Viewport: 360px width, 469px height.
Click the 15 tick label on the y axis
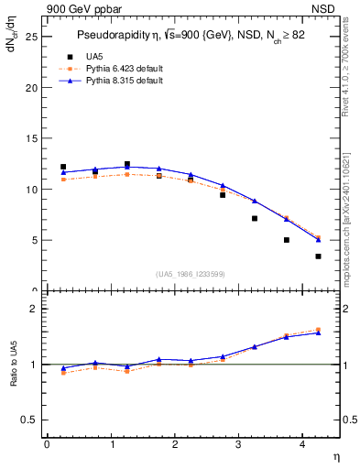(30, 139)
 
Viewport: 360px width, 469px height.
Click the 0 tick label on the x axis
(47, 444)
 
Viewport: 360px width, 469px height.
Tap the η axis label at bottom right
(335, 455)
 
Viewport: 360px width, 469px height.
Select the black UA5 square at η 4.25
(318, 256)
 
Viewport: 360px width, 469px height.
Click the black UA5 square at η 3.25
(255, 218)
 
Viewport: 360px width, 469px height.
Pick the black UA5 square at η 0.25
(63, 167)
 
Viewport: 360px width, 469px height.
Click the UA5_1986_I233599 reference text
(191, 275)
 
